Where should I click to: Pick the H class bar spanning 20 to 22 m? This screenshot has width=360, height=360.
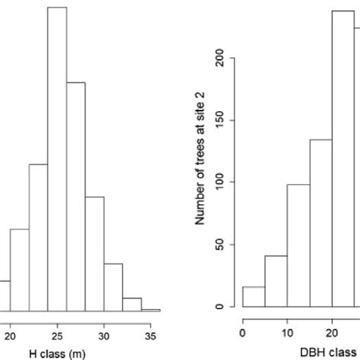pos(19,269)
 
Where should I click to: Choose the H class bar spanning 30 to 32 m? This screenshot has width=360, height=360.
pos(113,286)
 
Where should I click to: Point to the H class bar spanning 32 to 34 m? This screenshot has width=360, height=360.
pos(131,303)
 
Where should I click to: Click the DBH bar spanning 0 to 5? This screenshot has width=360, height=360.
pos(254,297)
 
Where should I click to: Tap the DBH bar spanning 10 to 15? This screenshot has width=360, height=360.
pos(298,245)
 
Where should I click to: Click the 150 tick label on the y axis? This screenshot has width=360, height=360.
pos(221,121)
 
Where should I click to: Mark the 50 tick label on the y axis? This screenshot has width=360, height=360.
pos(221,245)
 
